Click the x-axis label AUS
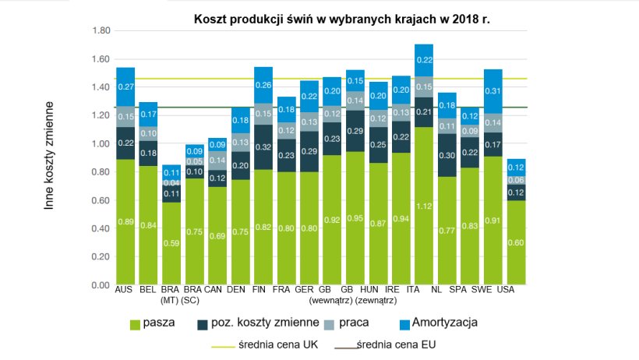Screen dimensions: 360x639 pyautogui.click(x=125, y=290)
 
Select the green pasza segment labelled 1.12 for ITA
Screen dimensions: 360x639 pyautogui.click(x=423, y=206)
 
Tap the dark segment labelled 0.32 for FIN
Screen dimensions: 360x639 pyautogui.click(x=263, y=146)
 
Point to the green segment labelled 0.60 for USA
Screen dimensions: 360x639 pyautogui.click(x=515, y=242)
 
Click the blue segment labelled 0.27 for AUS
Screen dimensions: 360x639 pyautogui.click(x=125, y=86)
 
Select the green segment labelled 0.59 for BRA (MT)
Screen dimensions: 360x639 pyautogui.click(x=171, y=243)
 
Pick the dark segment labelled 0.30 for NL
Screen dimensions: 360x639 pyautogui.click(x=447, y=154)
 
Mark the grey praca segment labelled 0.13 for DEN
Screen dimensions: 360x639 pyautogui.click(x=240, y=143)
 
